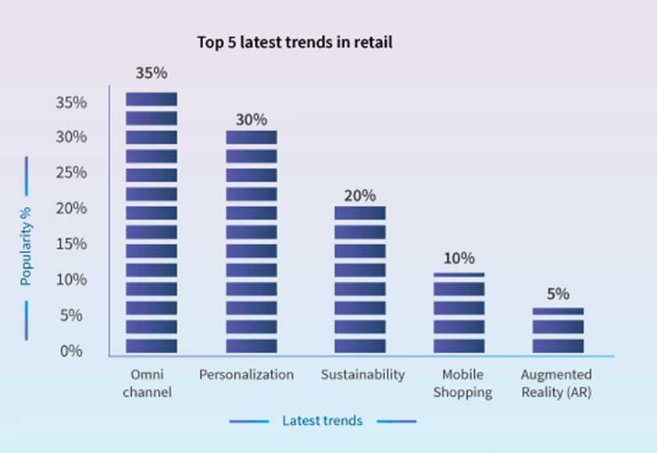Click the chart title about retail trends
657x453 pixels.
[x=295, y=43]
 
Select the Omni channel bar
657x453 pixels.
[x=152, y=223]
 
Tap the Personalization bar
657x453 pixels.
[x=252, y=241]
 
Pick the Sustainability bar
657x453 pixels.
[x=360, y=279]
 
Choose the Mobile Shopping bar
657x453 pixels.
[x=459, y=312]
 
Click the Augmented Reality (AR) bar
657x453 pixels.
[x=558, y=330]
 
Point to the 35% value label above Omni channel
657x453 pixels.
[x=152, y=73]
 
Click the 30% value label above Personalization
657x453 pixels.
[x=252, y=119]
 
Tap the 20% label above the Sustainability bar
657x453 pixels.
[x=360, y=195]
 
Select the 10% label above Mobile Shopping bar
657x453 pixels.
[x=459, y=259]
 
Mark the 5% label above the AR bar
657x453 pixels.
[x=558, y=294]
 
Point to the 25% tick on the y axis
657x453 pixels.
[x=70, y=173]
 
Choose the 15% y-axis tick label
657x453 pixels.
[x=70, y=244]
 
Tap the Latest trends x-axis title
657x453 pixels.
[x=322, y=421]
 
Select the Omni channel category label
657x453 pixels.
[x=152, y=383]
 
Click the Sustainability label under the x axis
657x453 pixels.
[x=362, y=375]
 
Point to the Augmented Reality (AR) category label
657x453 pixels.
[x=556, y=383]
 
